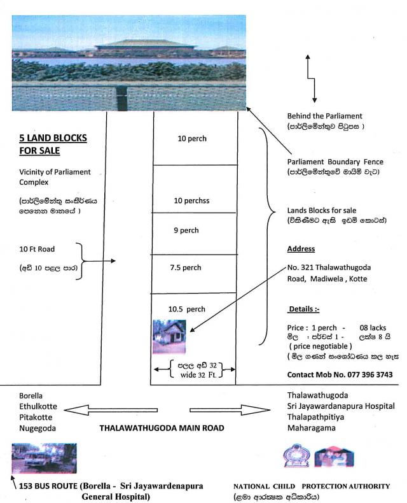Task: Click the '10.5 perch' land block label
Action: [186, 309]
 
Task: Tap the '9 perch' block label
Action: [185, 230]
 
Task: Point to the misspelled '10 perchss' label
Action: [191, 201]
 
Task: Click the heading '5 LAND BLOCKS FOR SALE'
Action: [53, 144]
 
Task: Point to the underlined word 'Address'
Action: [301, 249]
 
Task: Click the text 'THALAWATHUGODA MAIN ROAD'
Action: [162, 429]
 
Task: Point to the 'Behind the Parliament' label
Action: [324, 116]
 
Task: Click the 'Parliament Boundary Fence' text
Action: [335, 162]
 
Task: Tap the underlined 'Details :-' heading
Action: [305, 309]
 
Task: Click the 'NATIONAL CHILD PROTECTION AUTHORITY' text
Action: [312, 486]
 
